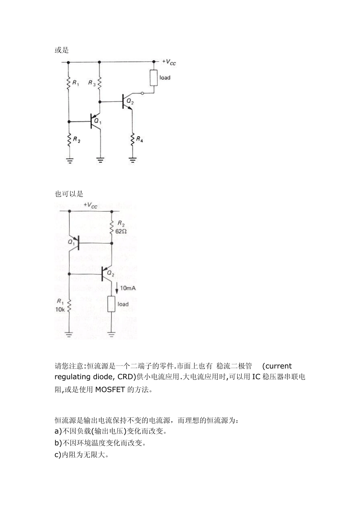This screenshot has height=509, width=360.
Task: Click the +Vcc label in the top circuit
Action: [169, 62]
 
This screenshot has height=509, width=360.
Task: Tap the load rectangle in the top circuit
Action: [154, 78]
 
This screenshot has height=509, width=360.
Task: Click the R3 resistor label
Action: [92, 83]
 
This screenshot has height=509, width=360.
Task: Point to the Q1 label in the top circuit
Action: [98, 121]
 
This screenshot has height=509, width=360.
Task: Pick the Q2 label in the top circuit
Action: [130, 101]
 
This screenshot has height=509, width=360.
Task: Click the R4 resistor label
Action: [139, 139]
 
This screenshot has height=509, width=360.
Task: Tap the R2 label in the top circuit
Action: [77, 140]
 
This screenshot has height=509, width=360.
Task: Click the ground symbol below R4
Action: [133, 160]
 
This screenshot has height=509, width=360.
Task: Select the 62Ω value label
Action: [121, 231]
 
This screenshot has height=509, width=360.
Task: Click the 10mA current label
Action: [128, 288]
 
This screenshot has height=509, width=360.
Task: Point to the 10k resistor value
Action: [60, 309]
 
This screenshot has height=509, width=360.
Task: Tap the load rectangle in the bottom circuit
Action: [111, 304]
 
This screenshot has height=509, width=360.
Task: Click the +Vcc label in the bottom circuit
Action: [90, 206]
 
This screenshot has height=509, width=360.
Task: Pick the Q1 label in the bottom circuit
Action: [72, 242]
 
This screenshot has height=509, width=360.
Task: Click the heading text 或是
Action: [62, 50]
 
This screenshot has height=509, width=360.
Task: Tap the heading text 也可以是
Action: [69, 194]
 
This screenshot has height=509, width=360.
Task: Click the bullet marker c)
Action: [58, 455]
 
